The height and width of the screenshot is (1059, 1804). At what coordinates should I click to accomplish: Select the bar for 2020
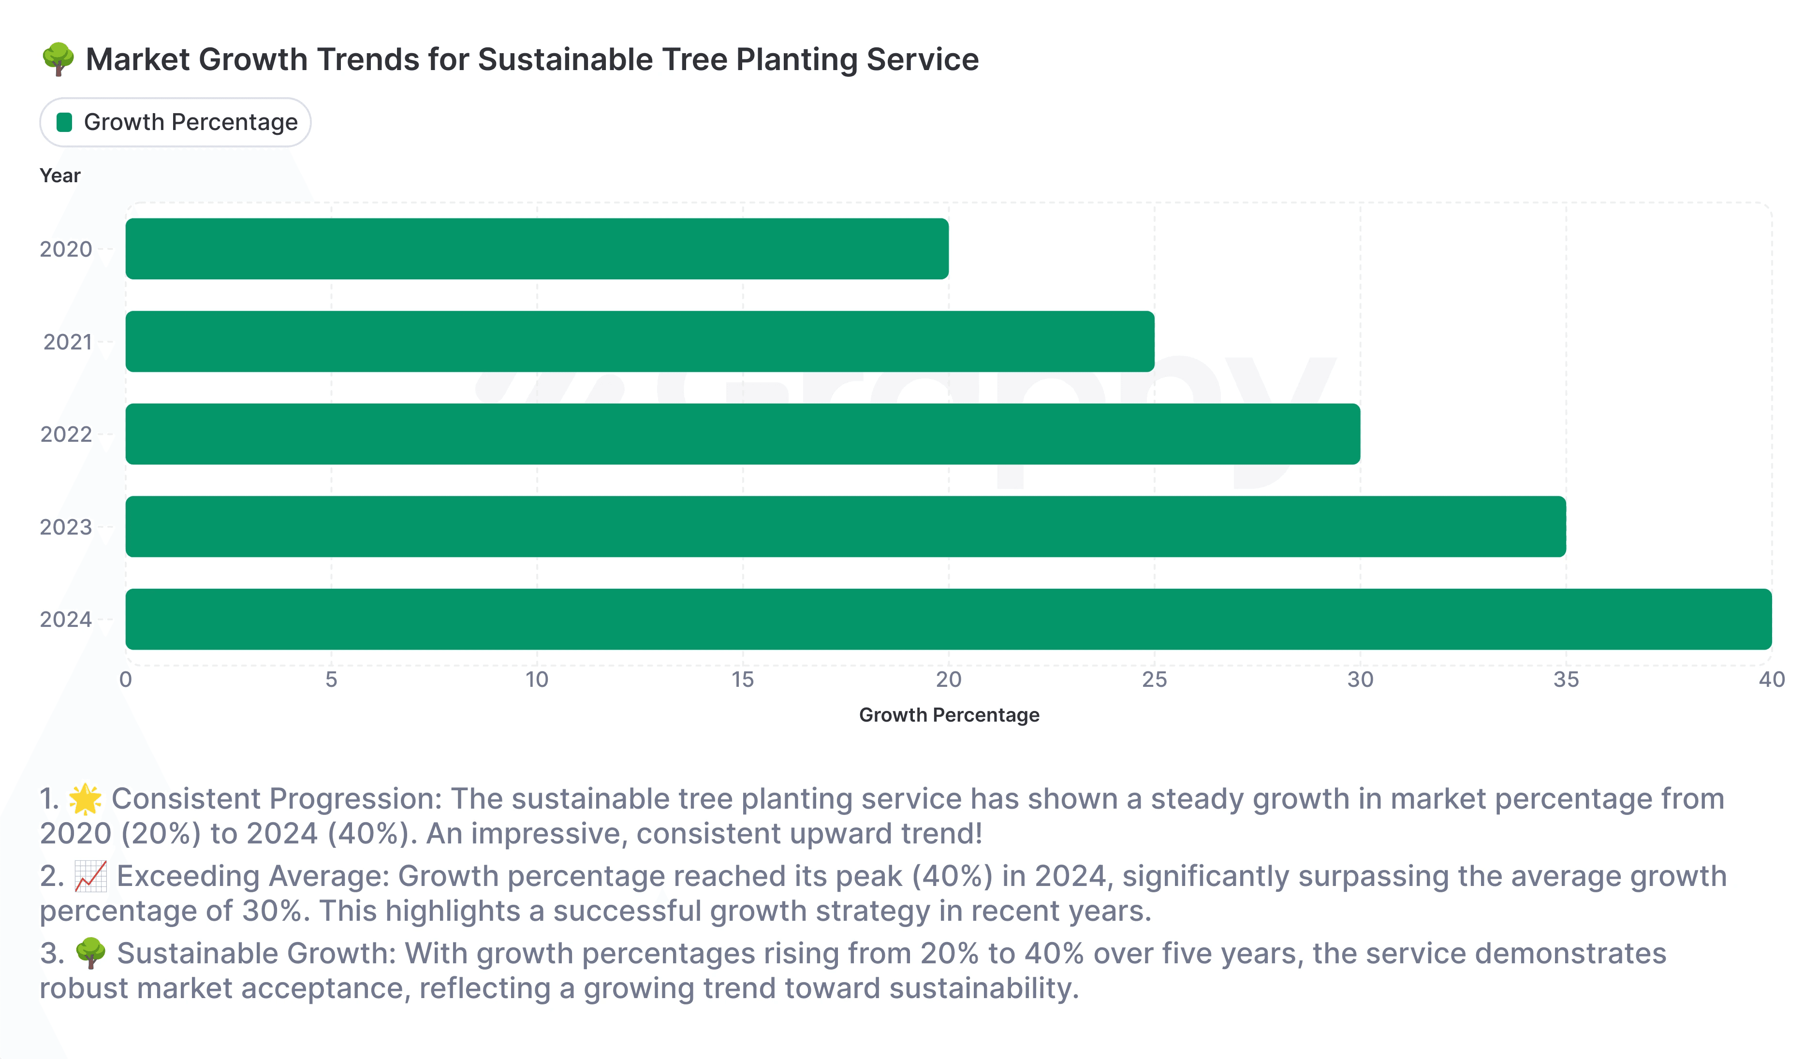[x=537, y=248]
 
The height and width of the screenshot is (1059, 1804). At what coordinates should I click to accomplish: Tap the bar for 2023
[x=846, y=527]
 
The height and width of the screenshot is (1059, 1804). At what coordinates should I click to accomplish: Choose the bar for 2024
[x=949, y=619]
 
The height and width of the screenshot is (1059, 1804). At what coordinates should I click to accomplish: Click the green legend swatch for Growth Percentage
[x=64, y=122]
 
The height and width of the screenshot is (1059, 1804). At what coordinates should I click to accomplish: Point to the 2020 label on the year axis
[x=66, y=249]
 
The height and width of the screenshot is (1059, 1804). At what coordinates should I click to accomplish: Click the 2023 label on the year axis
[x=66, y=527]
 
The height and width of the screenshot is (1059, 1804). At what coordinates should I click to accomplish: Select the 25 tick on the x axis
[x=1154, y=680]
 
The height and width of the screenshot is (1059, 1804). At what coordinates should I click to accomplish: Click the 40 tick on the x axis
[x=1771, y=680]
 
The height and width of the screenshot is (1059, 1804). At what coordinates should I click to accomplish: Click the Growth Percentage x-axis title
[x=949, y=715]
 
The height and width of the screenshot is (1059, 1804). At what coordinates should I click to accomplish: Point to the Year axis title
[x=60, y=175]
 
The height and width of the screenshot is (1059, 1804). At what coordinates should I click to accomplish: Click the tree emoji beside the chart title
[x=58, y=59]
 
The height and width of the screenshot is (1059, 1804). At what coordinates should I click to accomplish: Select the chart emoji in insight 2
[x=91, y=876]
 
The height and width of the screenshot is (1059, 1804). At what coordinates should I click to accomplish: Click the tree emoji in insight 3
[x=91, y=954]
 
